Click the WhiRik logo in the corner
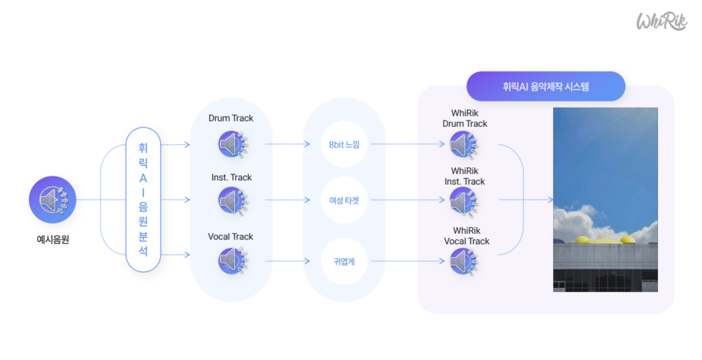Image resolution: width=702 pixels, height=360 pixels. tap(662, 21)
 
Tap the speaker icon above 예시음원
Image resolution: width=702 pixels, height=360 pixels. tap(51, 200)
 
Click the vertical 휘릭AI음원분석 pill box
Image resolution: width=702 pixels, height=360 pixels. tap(143, 200)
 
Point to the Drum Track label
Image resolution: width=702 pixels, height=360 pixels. tap(231, 118)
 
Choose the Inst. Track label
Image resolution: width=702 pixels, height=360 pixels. tap(231, 178)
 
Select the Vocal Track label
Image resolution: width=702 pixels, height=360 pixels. tap(231, 237)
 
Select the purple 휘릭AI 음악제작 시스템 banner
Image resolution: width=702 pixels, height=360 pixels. tap(546, 86)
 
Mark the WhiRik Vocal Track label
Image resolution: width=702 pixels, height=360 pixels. tap(466, 236)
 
